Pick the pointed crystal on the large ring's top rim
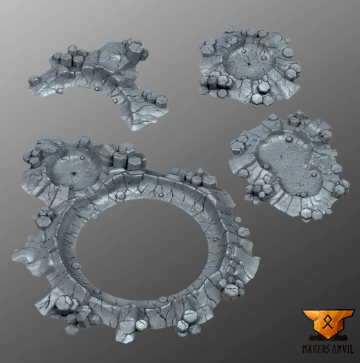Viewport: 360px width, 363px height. pyautogui.click(x=199, y=172)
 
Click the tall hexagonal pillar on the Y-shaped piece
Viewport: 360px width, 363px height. pyautogui.click(x=134, y=52)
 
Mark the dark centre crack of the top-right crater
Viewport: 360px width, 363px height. pyautogui.click(x=250, y=65)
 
